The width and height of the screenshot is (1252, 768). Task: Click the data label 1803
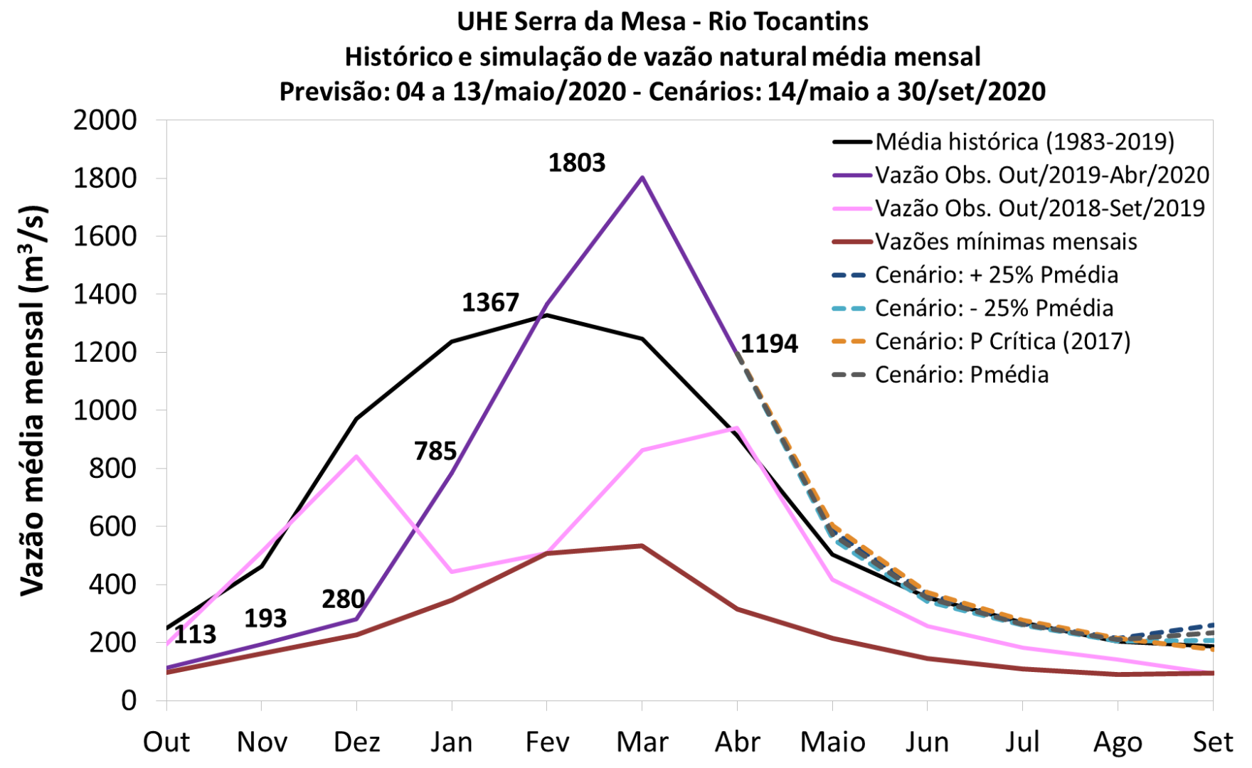tap(576, 163)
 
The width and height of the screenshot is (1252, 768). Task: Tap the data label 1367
tap(490, 303)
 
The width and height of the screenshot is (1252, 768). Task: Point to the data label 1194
tap(769, 344)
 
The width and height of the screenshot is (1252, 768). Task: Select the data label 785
tap(435, 451)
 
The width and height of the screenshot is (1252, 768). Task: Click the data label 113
tap(194, 634)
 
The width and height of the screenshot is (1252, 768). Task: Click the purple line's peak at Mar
tap(642, 177)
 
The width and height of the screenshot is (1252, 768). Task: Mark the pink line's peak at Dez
tap(356, 456)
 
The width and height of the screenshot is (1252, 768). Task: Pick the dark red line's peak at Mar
tap(642, 545)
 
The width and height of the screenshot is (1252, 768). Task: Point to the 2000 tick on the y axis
tap(105, 120)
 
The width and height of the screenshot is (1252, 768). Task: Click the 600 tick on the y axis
tap(113, 526)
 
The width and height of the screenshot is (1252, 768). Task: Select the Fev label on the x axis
tap(547, 742)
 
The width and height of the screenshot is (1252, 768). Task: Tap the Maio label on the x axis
tap(832, 742)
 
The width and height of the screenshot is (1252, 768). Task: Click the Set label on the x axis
tap(1212, 742)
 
